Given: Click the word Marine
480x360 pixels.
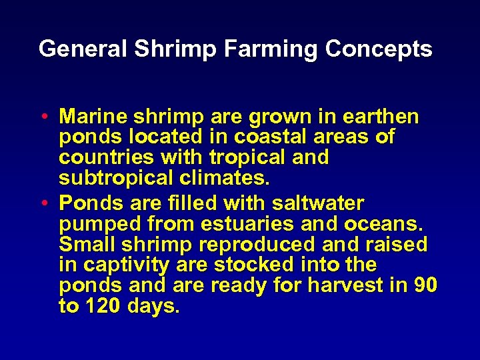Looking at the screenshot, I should pos(93,117).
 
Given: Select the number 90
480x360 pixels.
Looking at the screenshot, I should pos(425,286).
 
